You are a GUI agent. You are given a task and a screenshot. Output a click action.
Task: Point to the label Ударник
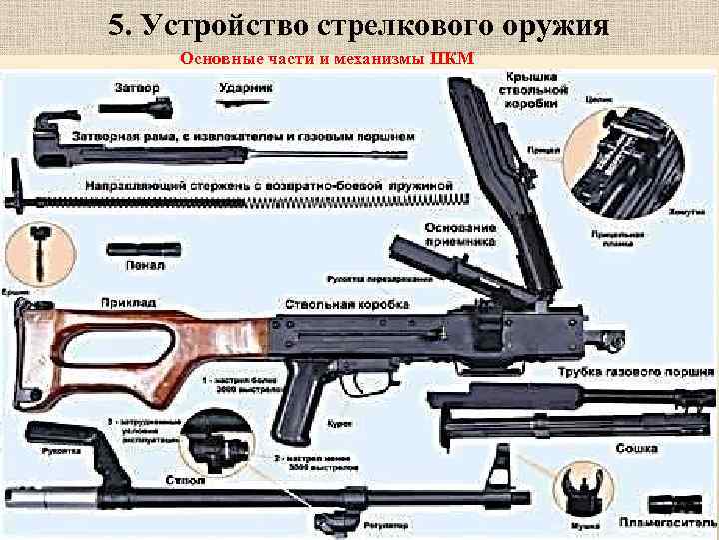click(x=243, y=87)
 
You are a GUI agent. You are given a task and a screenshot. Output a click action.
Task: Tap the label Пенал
click(x=138, y=268)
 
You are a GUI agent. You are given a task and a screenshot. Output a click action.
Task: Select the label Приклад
click(x=127, y=301)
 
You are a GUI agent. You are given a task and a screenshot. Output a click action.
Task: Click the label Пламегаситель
click(x=668, y=523)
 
